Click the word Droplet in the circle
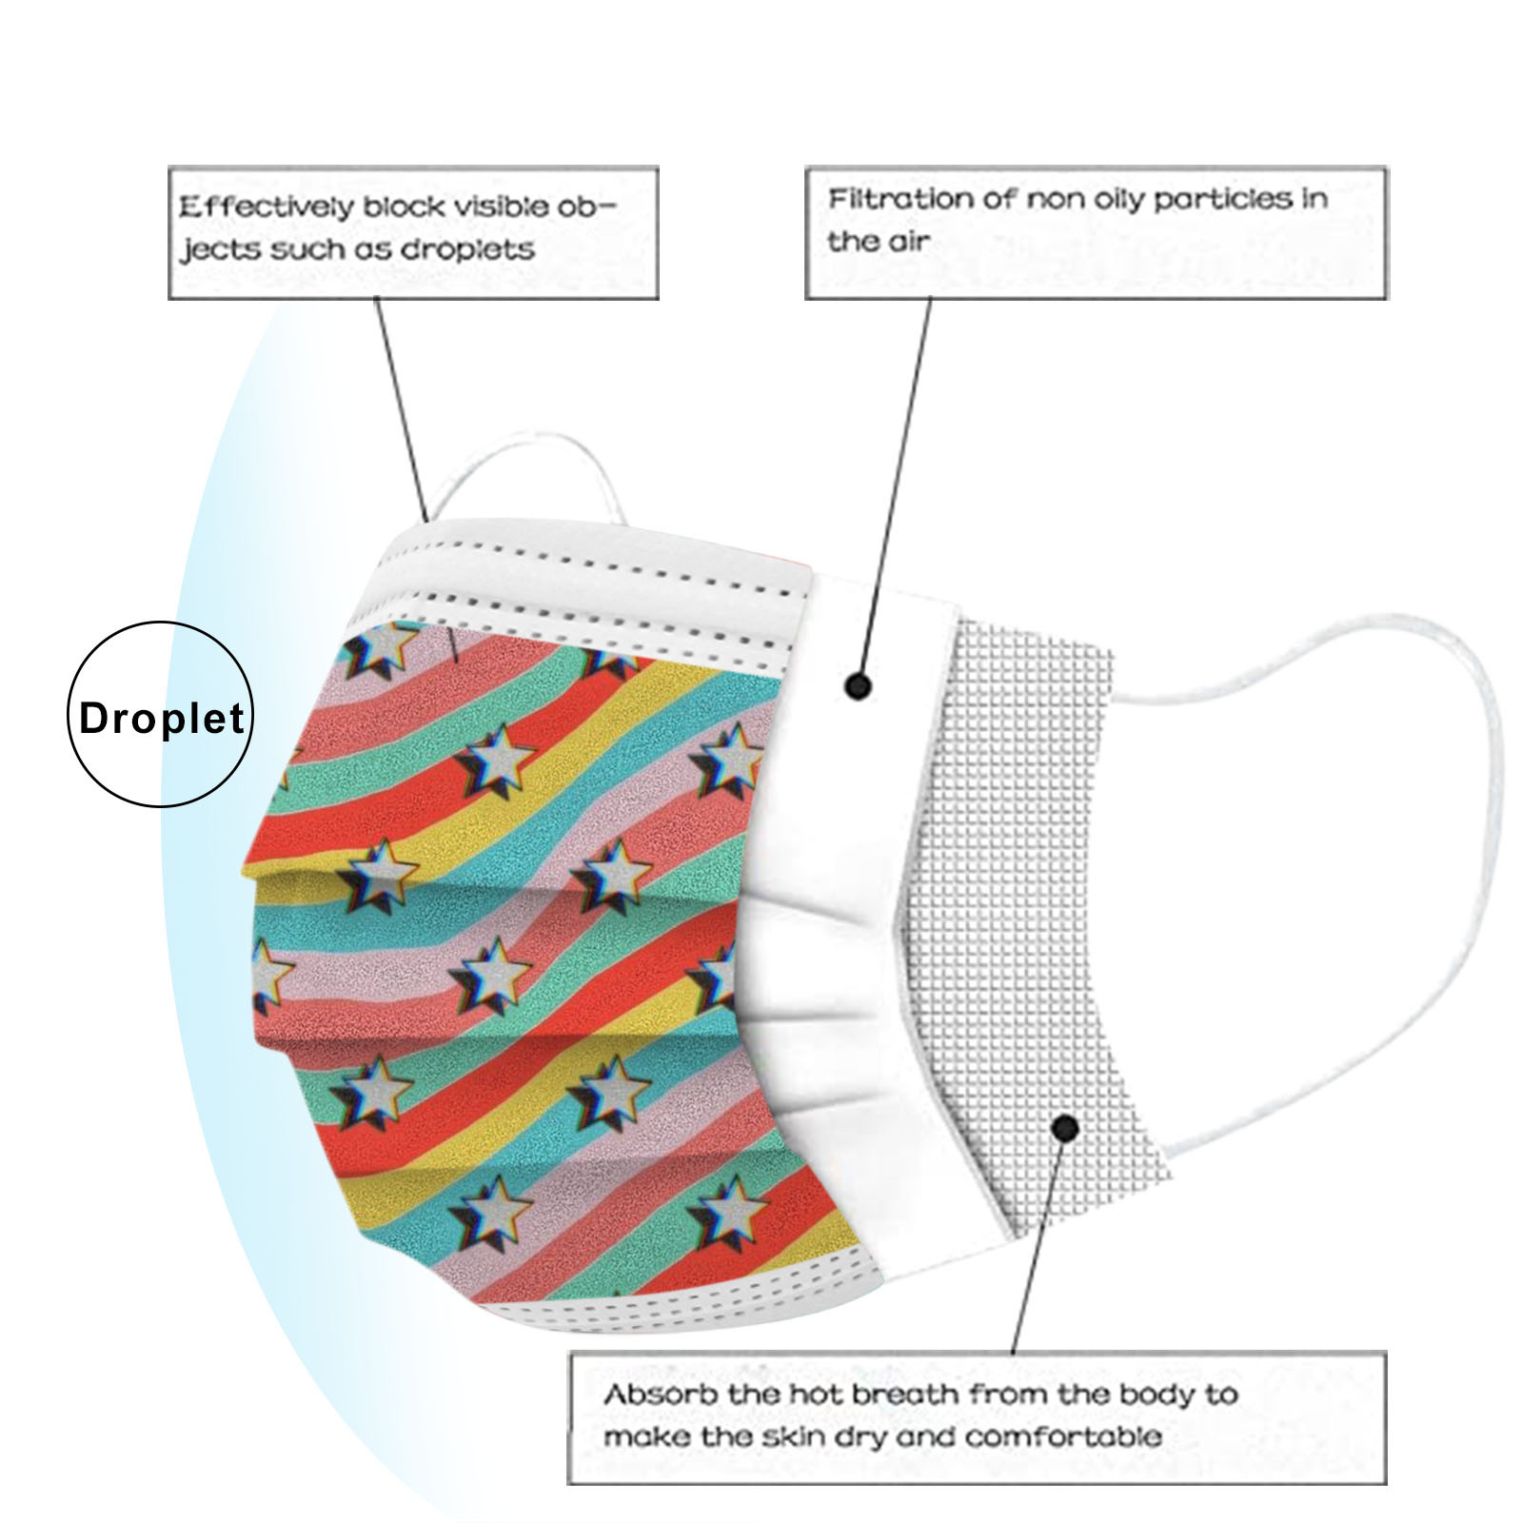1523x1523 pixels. (x=161, y=718)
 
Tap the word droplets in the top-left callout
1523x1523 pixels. (x=467, y=249)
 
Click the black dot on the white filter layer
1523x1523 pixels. (x=859, y=685)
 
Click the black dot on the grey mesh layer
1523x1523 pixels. (x=1066, y=1129)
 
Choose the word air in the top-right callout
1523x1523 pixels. (x=910, y=242)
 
